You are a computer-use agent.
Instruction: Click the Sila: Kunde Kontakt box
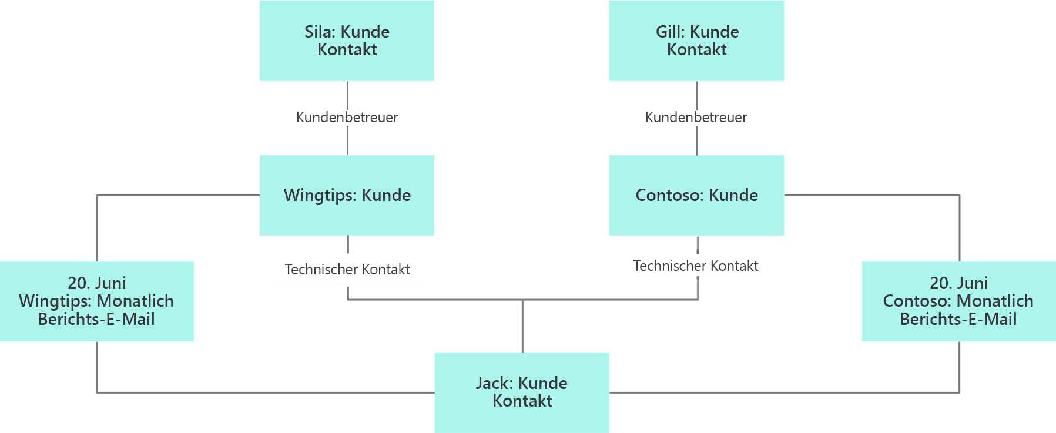point(347,41)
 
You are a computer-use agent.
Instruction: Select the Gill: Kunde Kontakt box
point(696,41)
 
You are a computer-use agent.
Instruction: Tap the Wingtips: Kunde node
point(347,195)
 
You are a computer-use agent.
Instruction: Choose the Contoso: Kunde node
point(696,195)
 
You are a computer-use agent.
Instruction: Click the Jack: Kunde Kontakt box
point(522,392)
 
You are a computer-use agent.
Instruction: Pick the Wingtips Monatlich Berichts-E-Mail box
point(97,301)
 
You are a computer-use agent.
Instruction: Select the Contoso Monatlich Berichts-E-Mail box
point(958,301)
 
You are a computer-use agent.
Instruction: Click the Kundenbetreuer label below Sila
point(347,118)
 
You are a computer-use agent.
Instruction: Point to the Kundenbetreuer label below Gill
point(696,118)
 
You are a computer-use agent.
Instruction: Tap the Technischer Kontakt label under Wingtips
point(347,270)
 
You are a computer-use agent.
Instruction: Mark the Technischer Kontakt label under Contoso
point(696,266)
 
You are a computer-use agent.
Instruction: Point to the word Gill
point(669,32)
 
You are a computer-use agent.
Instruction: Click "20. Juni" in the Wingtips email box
point(97,283)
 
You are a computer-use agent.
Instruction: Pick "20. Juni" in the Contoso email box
point(958,283)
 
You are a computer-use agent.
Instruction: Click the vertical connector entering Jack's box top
point(522,327)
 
